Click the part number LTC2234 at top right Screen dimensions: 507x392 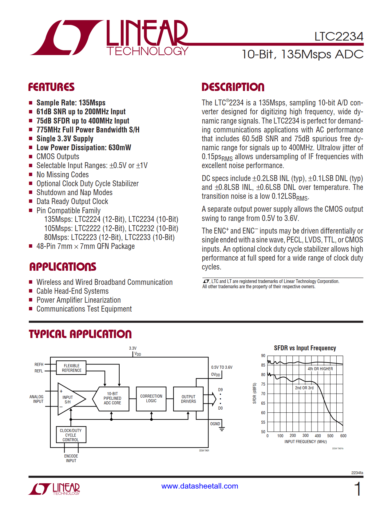pos(339,37)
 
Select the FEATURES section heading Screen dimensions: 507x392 pos(51,87)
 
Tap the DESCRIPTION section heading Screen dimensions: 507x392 pos(233,87)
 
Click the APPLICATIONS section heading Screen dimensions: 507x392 pos(63,267)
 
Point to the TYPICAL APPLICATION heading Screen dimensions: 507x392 pos(80,334)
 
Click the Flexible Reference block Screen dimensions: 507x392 pos(71,368)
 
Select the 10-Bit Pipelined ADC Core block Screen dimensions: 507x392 pos(112,398)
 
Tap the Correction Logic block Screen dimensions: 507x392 pos(151,399)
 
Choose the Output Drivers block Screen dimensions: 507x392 pos(188,399)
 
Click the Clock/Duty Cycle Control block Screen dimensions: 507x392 pos(71,435)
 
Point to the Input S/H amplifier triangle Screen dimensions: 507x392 pos(69,399)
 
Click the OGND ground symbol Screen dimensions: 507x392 pos(221,428)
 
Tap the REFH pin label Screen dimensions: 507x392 pos(39,364)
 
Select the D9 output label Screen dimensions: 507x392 pos(220,390)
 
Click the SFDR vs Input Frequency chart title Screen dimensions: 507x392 pos(305,348)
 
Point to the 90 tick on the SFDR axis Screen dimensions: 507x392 pos(263,356)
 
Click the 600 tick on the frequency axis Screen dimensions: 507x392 pos(343,436)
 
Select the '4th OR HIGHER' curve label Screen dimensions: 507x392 pos(320,369)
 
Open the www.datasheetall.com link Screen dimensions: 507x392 pos(200,486)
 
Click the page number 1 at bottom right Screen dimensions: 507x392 pos(357,489)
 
